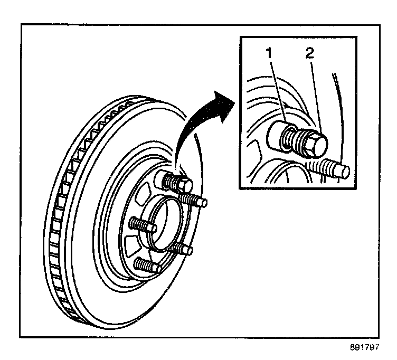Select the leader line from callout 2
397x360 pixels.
click(313, 95)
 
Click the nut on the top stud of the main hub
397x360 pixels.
click(177, 183)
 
